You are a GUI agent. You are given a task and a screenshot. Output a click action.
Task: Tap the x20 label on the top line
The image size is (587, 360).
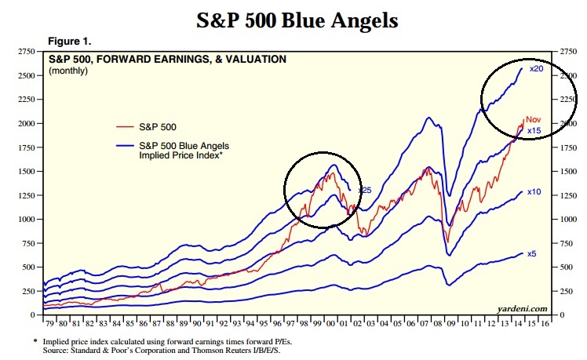[537, 69]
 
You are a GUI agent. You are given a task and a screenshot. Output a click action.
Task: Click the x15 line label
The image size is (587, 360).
[534, 130]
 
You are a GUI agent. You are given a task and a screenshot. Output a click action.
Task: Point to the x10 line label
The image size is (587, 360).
[534, 191]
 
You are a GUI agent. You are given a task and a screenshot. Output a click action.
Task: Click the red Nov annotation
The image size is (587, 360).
[534, 119]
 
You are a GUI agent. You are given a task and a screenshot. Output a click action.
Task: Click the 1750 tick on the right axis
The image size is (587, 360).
[567, 147]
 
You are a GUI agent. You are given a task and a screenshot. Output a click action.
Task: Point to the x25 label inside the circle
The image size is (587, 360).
[364, 190]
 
